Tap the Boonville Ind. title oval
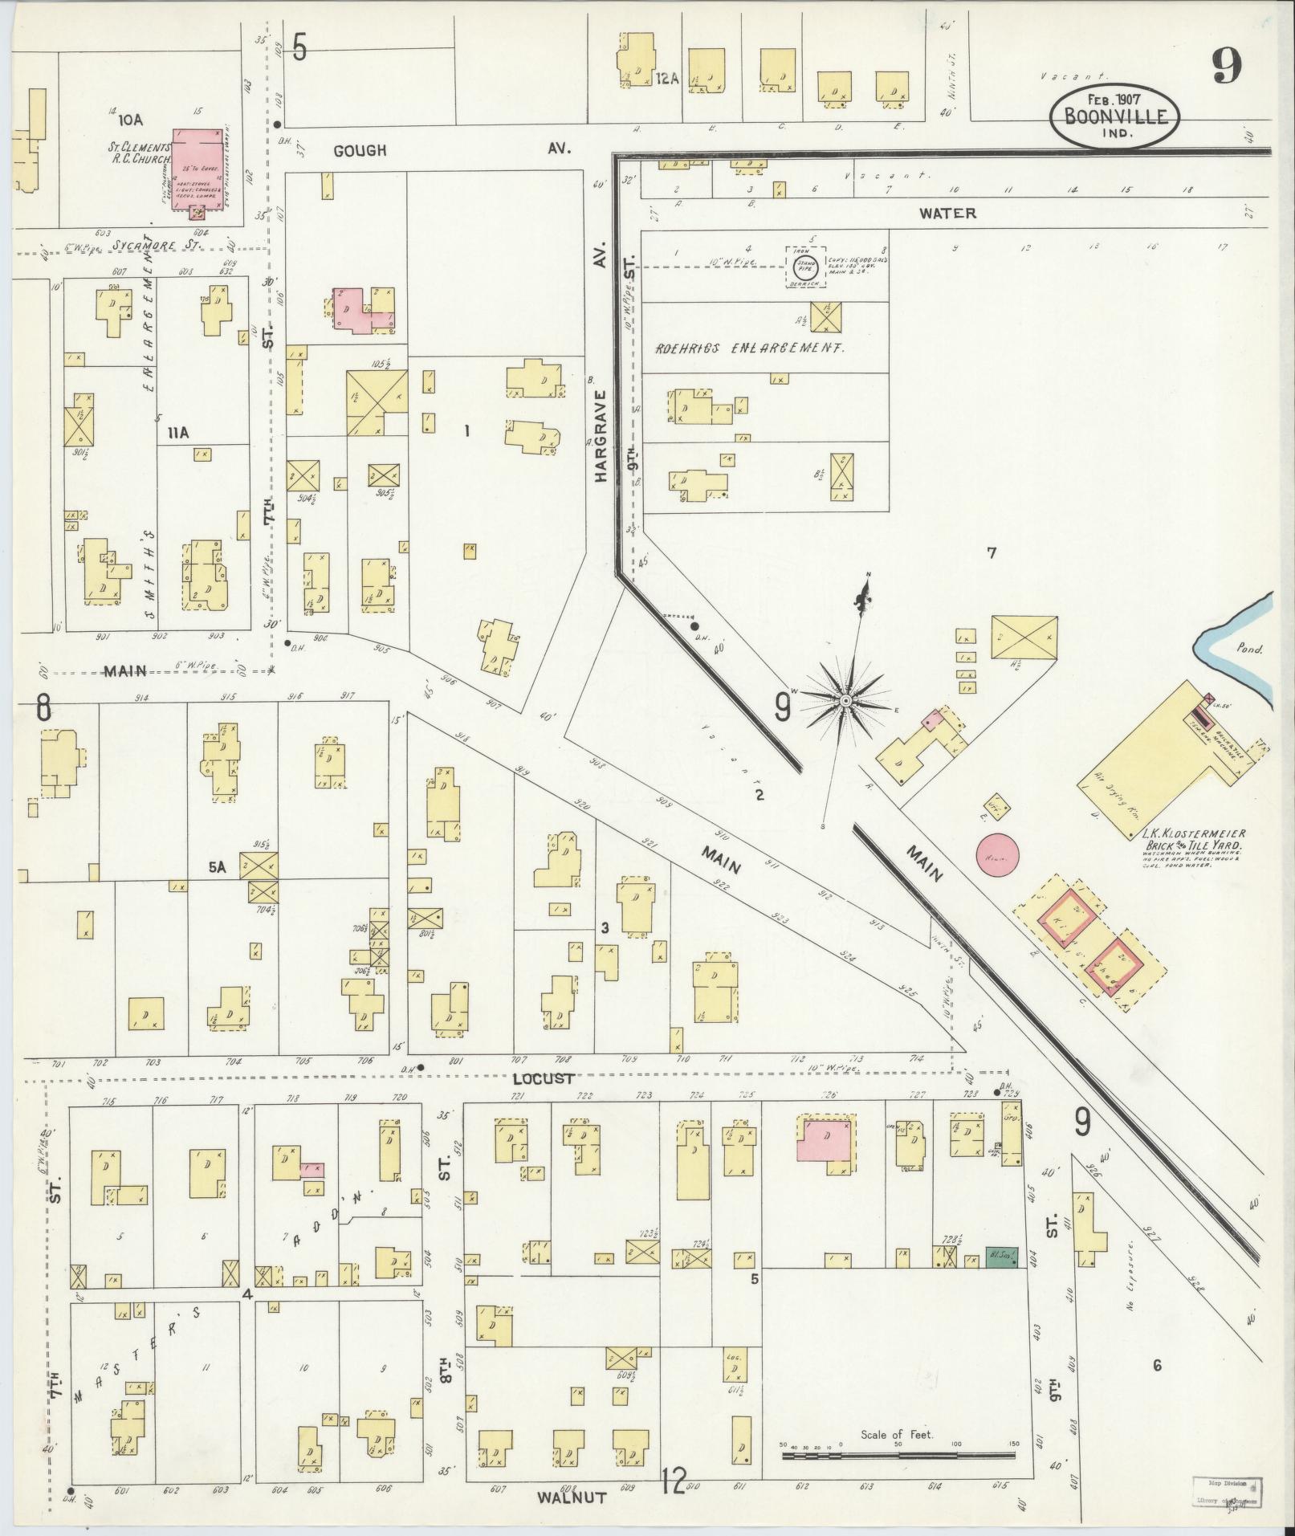click(1114, 116)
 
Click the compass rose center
click(845, 701)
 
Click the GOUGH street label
click(360, 150)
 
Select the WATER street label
click(947, 214)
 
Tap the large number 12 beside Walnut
click(674, 1481)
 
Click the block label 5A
click(218, 866)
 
